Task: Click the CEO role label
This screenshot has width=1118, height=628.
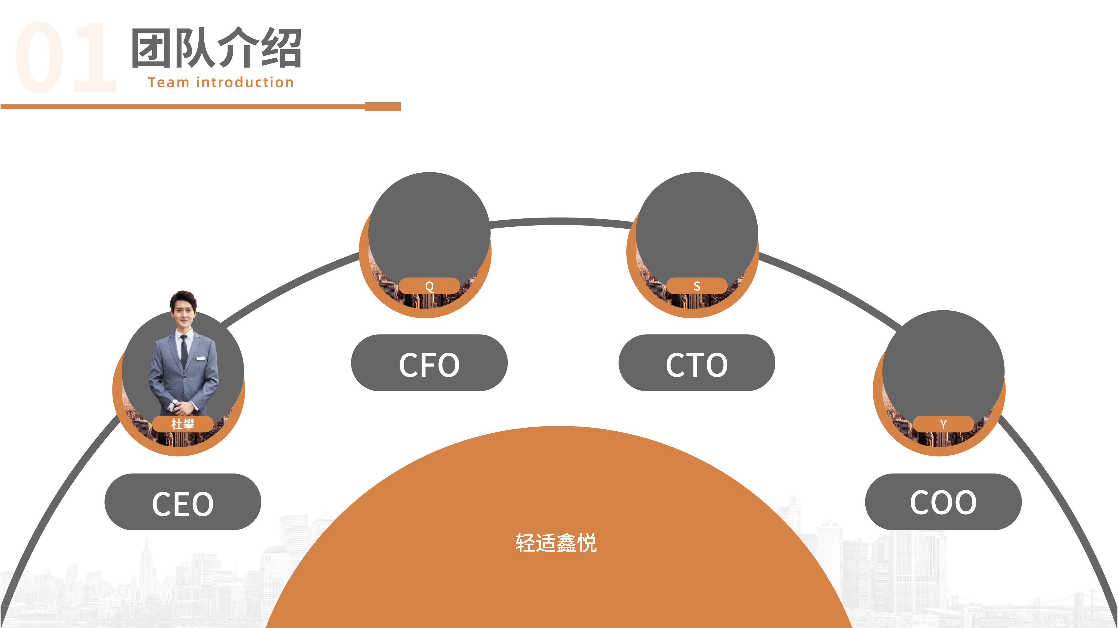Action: pos(183,502)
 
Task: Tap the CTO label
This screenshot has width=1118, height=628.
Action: pos(697,363)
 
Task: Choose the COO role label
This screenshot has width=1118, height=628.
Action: pos(943,502)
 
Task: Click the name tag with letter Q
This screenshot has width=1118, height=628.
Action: pos(429,286)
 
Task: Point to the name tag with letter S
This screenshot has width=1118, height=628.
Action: pos(697,286)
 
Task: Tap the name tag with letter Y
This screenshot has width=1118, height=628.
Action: pos(943,424)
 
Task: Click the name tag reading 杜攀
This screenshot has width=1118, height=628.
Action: pos(183,424)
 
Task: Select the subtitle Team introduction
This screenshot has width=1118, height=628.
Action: pos(221,82)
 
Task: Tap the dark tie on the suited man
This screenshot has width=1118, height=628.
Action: pos(184,351)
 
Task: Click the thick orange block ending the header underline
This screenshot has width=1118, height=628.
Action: pos(382,106)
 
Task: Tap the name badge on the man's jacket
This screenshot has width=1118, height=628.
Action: pos(201,358)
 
